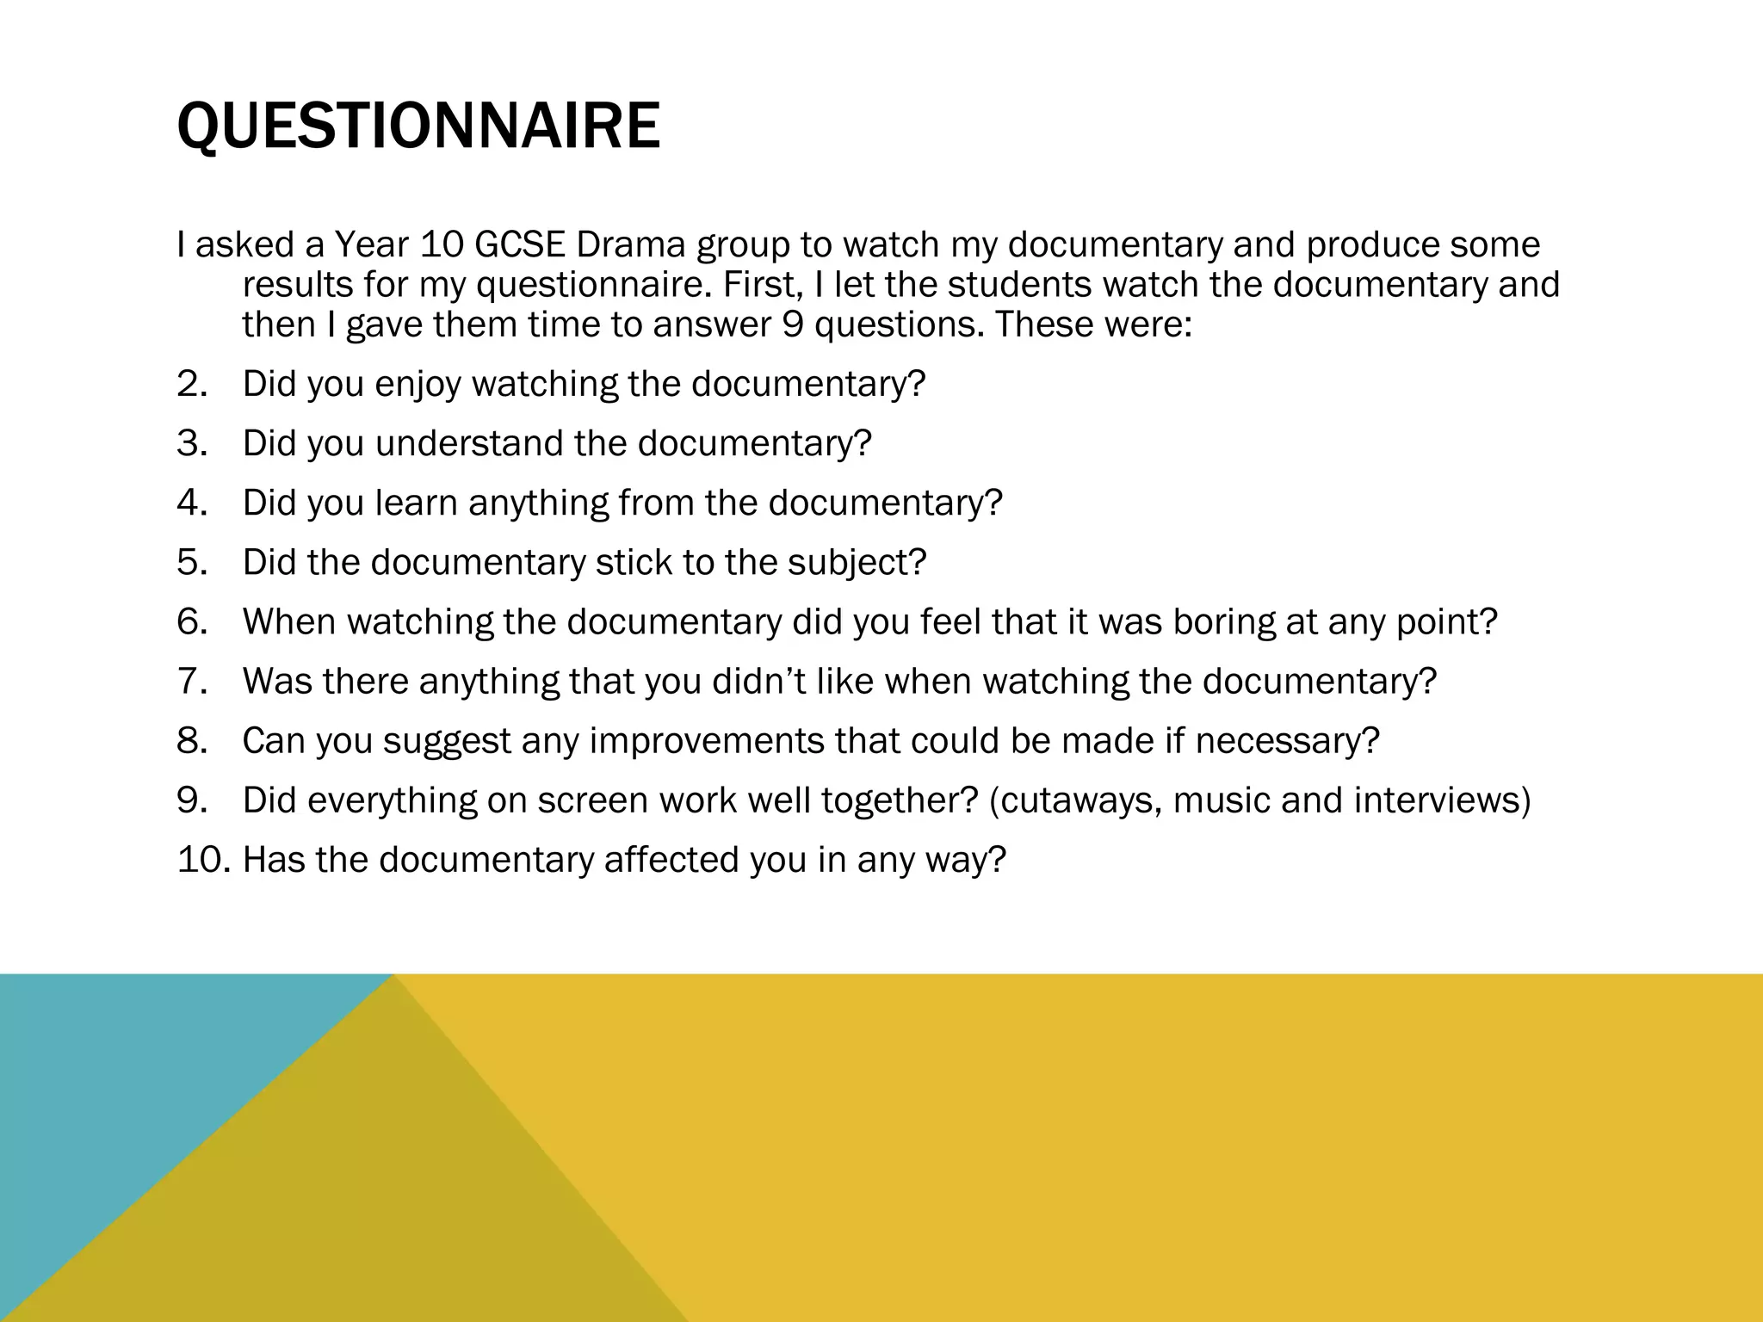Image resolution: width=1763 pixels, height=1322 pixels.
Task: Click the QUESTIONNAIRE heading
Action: (x=418, y=127)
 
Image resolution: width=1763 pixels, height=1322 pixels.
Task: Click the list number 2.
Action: (x=192, y=384)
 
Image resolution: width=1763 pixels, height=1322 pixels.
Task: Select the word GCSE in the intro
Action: (x=519, y=245)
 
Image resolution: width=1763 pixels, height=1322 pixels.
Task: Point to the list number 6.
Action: (x=192, y=622)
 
